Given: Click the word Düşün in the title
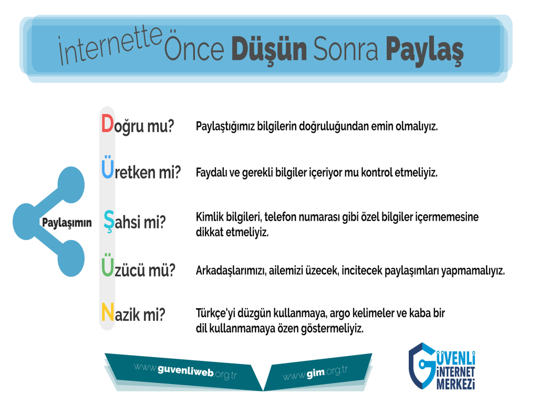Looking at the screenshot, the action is tap(268, 50).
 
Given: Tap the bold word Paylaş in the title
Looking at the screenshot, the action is tap(425, 51).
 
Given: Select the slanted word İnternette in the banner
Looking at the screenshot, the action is tap(110, 45).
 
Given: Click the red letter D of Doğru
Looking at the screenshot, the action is tap(107, 124).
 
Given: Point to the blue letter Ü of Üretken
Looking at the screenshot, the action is tap(107, 167).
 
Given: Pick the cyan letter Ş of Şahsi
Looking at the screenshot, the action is tap(109, 221).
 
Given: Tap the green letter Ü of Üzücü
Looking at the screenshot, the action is tap(107, 265).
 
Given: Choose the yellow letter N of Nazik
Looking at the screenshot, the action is tap(107, 312).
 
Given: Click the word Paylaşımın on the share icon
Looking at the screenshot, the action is tap(67, 223).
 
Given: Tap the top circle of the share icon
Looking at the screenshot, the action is tap(71, 185).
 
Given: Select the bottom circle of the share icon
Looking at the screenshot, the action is tap(71, 258).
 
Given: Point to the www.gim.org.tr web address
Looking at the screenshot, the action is tap(315, 372).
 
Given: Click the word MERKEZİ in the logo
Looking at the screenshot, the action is tap(456, 383).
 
